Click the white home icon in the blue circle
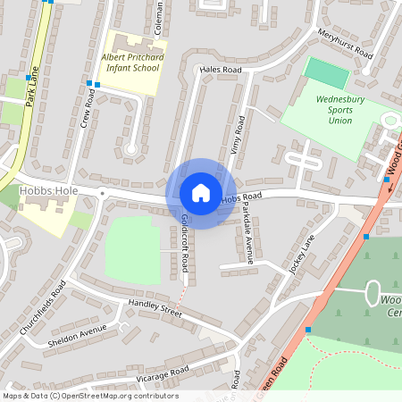[x=201, y=192]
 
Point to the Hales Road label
[x=221, y=69]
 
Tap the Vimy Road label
[x=238, y=137]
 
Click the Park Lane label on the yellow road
[x=33, y=86]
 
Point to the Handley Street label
[x=155, y=308]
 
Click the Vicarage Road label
[x=161, y=372]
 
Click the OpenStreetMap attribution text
[x=90, y=396]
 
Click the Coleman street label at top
[x=158, y=16]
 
